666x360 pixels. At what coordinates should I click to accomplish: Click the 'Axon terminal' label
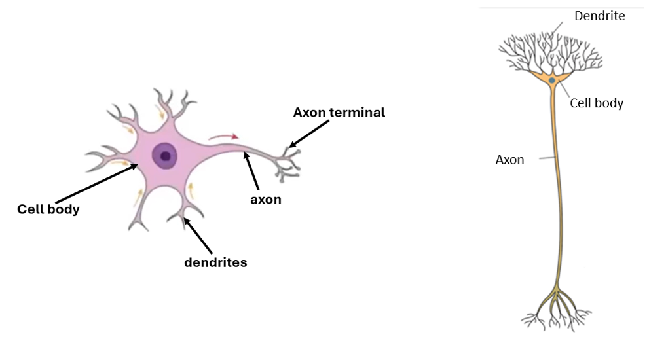click(339, 112)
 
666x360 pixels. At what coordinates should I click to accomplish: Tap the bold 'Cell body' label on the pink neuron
click(48, 209)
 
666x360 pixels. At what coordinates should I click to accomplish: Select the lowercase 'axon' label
click(265, 200)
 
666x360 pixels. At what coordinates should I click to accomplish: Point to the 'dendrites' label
click(215, 262)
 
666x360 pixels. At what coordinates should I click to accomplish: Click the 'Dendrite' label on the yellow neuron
click(599, 16)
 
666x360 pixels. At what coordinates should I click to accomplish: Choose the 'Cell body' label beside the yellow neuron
click(597, 103)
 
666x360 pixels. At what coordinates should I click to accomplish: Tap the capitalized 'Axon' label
click(509, 159)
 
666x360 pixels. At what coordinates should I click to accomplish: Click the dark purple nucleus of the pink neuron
click(164, 156)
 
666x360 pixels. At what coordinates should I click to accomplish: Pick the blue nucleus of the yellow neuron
click(552, 80)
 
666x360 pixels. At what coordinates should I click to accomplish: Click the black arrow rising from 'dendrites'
click(198, 235)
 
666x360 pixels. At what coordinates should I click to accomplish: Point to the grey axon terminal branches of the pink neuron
click(288, 163)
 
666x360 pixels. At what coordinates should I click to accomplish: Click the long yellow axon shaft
click(559, 196)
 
